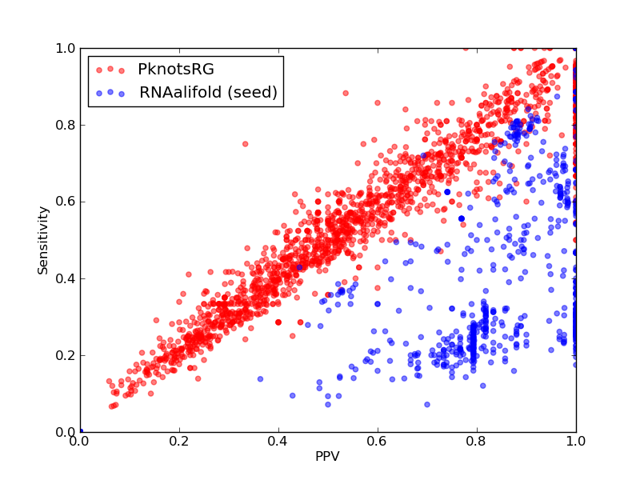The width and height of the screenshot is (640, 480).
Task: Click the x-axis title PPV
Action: [x=327, y=456]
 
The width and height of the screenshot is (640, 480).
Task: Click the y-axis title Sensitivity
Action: [x=43, y=241]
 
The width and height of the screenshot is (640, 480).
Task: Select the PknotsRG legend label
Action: [x=176, y=69]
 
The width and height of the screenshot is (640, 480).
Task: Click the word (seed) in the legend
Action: [x=252, y=92]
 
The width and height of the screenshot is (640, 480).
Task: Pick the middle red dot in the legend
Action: [x=110, y=69]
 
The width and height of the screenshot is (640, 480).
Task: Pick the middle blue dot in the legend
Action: [x=110, y=92]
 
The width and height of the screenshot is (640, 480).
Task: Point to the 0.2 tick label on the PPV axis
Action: [x=179, y=442]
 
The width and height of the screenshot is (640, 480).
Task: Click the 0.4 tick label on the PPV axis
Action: [x=278, y=442]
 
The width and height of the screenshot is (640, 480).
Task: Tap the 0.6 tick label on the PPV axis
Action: [x=378, y=442]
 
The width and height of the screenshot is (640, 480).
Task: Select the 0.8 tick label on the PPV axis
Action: [x=477, y=442]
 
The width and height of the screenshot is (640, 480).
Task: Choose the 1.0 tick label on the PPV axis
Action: [x=576, y=442]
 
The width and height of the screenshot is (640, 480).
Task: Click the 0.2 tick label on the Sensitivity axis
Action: [x=66, y=355]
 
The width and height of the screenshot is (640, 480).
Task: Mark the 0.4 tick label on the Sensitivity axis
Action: [x=66, y=278]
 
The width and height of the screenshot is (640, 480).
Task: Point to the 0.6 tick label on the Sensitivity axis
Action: [x=66, y=202]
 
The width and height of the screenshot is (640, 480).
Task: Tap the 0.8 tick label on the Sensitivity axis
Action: [x=66, y=125]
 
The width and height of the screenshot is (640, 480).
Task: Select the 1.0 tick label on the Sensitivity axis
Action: [x=66, y=48]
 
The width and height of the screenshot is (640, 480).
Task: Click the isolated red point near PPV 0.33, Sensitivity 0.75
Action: [x=246, y=144]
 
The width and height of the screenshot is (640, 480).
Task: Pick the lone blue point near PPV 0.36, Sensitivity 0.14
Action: [x=260, y=378]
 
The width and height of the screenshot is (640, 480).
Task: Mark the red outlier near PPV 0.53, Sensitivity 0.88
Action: [x=346, y=93]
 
